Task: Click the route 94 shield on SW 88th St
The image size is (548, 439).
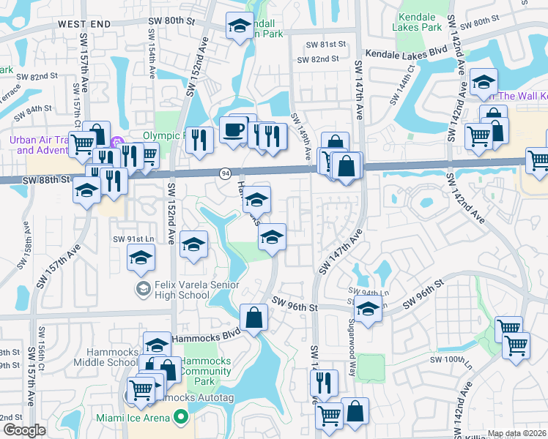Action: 225,173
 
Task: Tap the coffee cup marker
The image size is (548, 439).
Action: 234,130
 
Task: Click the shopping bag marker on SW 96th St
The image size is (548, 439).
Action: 253,318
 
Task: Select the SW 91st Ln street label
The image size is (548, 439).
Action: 133,239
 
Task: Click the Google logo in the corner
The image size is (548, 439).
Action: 24,430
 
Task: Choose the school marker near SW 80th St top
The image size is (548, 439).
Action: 239,26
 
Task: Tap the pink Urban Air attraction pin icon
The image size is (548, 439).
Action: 114,140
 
